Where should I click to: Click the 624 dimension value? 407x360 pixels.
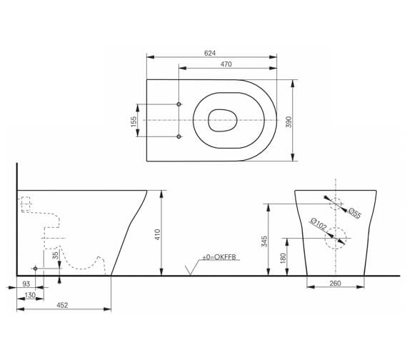pyautogui.click(x=210, y=53)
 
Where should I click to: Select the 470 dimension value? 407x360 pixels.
pyautogui.click(x=226, y=64)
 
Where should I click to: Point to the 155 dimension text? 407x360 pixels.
pyautogui.click(x=134, y=121)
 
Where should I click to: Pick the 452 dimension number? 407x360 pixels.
pyautogui.click(x=62, y=305)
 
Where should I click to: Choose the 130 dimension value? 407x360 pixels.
pyautogui.click(x=30, y=295)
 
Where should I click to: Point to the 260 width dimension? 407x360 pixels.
pyautogui.click(x=335, y=284)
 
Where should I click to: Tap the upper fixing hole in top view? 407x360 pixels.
pyautogui.click(x=179, y=104)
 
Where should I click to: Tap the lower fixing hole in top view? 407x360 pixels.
pyautogui.click(x=179, y=136)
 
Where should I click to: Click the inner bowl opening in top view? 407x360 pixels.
pyautogui.click(x=223, y=121)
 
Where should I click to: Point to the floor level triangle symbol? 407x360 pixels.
pyautogui.click(x=190, y=269)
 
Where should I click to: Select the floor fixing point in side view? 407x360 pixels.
pyautogui.click(x=35, y=268)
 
